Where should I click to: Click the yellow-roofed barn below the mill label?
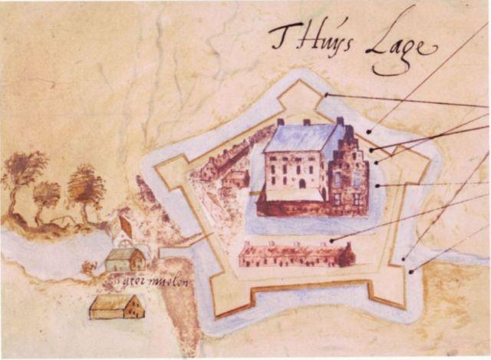pyautogui.click(x=117, y=307)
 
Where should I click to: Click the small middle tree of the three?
pyautogui.click(x=48, y=197)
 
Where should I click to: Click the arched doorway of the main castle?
pyautogui.click(x=302, y=183)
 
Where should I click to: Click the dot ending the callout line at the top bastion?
pyautogui.click(x=326, y=95)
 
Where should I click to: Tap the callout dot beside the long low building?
pyautogui.click(x=331, y=241)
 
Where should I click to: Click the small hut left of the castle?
pyautogui.click(x=235, y=179)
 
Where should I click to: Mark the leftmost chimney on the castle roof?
pyautogui.click(x=282, y=122)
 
